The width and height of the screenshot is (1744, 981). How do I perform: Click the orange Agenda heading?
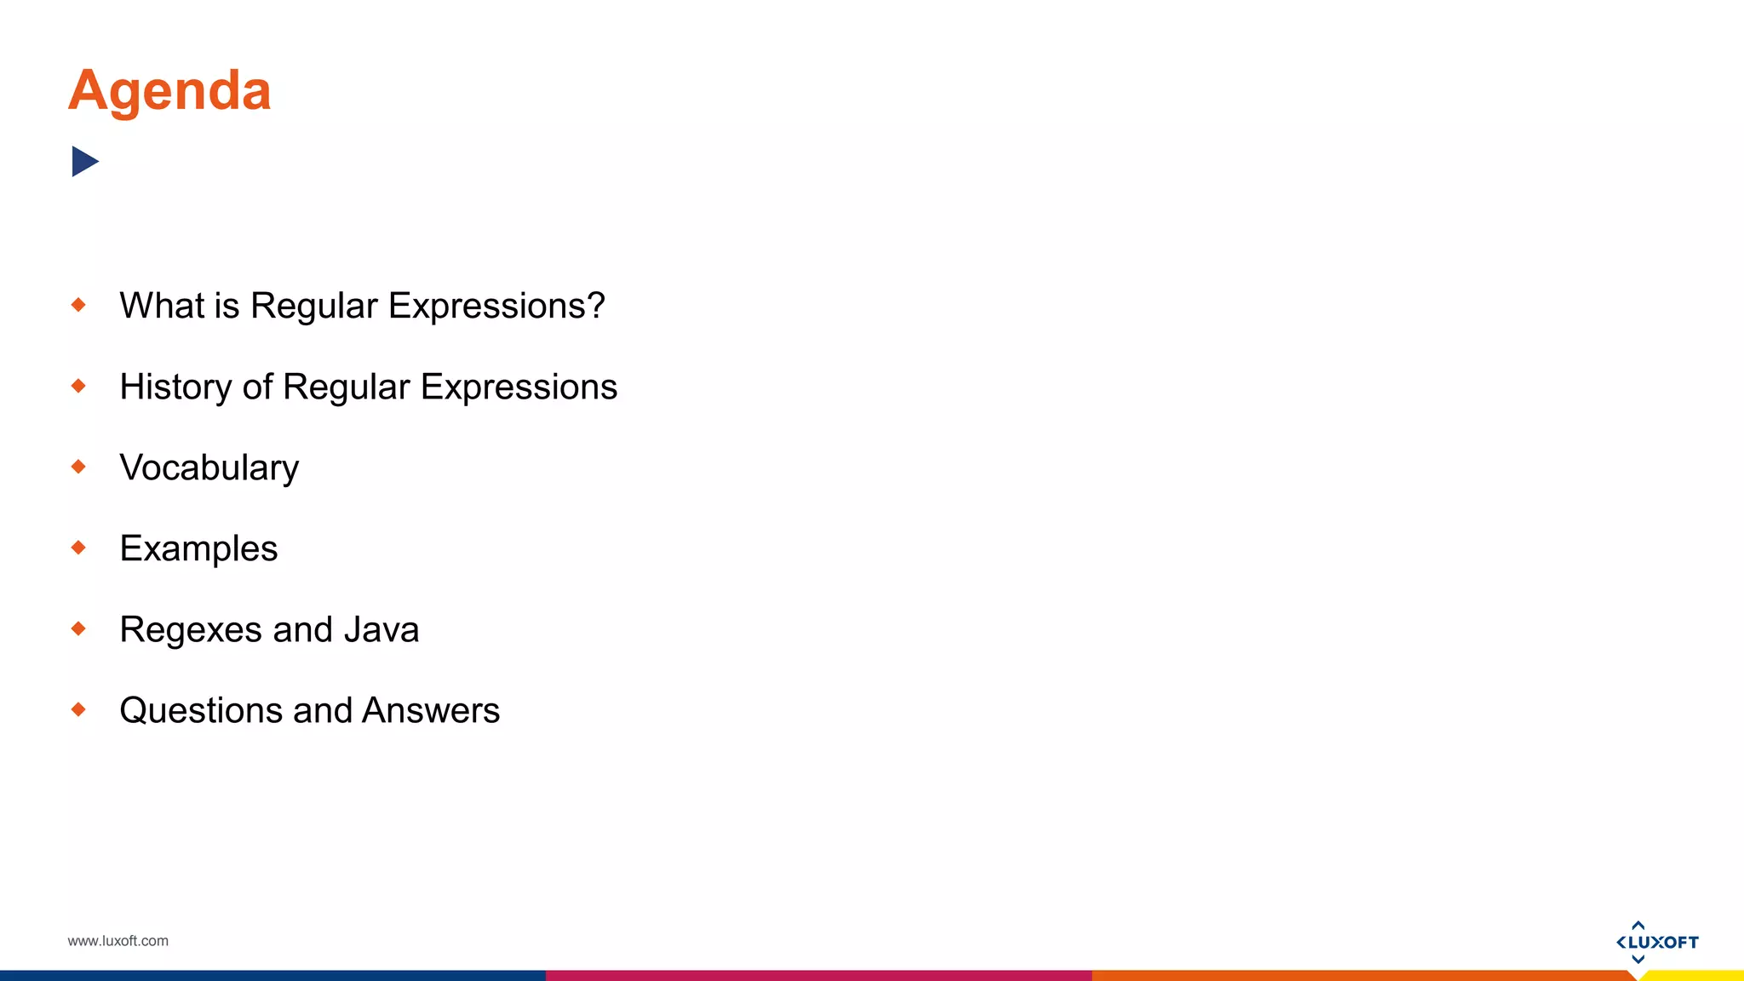169,90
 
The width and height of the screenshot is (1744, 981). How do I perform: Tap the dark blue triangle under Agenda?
84,161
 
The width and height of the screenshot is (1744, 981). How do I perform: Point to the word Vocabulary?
209,468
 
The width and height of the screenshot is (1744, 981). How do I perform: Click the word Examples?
198,548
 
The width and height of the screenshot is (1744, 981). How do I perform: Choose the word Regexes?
191,630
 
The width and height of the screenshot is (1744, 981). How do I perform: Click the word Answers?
431,711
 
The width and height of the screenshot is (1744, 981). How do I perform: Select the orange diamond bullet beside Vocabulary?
78,466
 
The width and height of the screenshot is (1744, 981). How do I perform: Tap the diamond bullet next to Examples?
78,547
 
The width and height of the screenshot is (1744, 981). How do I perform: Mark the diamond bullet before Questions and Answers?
78,708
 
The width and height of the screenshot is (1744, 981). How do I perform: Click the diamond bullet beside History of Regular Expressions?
78,386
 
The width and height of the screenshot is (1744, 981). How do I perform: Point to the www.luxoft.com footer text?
118,941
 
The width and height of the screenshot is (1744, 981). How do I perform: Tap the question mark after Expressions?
596,306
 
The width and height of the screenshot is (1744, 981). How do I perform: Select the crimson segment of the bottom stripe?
817,976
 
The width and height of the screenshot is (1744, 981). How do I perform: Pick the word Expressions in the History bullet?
519,387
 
